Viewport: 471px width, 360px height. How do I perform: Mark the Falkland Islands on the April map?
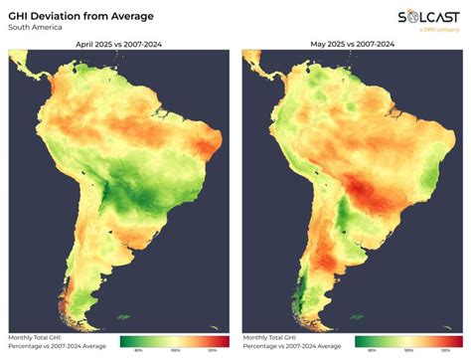coord(123,317)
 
